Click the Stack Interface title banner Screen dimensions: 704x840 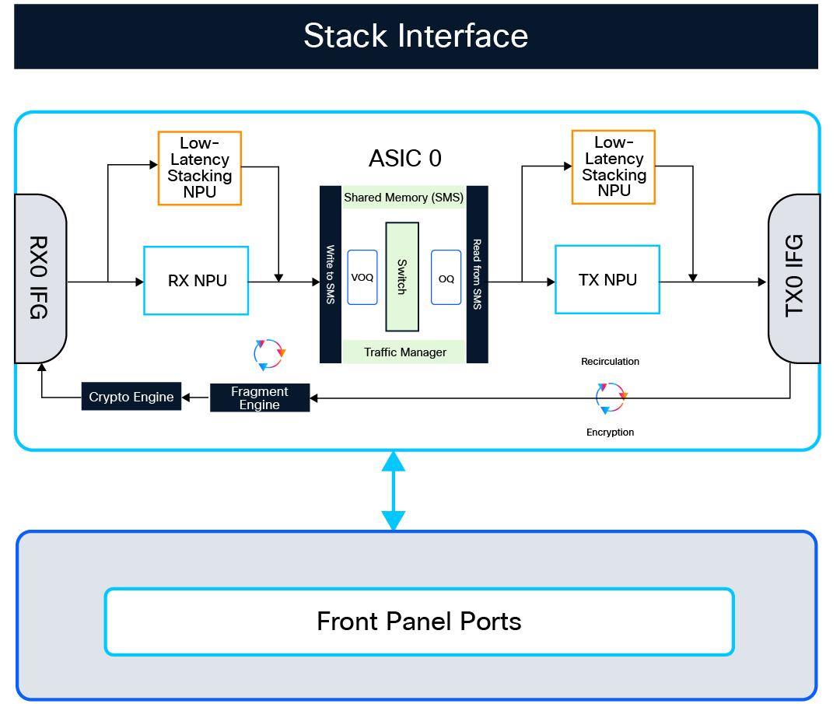(415, 37)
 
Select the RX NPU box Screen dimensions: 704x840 (196, 281)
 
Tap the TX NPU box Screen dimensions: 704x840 (607, 279)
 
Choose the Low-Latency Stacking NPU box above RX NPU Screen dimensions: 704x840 (199, 168)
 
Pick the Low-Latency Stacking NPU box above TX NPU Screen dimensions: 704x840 (613, 167)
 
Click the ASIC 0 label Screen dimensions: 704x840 (404, 159)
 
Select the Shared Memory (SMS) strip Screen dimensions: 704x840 (404, 198)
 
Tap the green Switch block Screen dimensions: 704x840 (402, 276)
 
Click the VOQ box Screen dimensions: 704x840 (362, 278)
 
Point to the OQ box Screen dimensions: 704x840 (446, 278)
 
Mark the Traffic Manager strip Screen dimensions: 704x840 (404, 352)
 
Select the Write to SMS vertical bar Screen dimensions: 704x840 (331, 274)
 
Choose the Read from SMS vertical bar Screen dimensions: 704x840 (477, 274)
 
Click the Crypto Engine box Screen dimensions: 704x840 (131, 398)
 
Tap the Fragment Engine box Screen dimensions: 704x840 (260, 398)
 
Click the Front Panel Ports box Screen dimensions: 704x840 (419, 622)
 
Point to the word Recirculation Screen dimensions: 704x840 (611, 362)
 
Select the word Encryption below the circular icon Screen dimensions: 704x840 (611, 433)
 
